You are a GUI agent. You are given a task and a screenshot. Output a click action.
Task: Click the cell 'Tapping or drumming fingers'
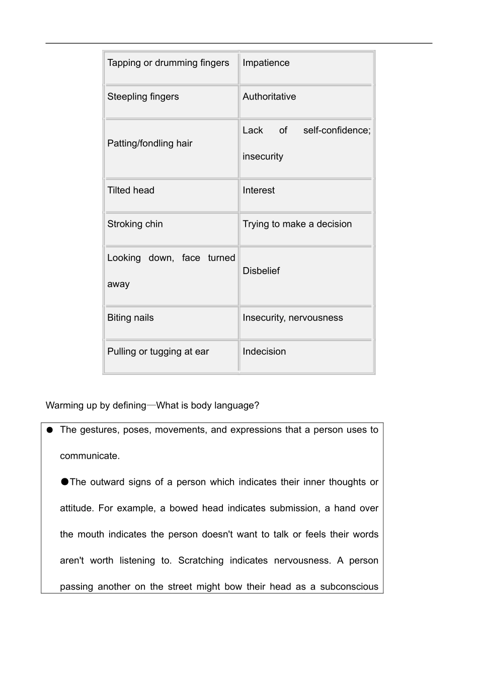coord(168,63)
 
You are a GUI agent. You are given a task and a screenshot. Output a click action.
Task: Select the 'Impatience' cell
coord(266,63)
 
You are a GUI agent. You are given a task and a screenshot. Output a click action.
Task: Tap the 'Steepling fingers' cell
coord(143,97)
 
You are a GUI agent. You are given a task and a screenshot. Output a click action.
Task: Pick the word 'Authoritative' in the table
coord(269,97)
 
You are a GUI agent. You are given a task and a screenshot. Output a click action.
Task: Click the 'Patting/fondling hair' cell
coord(150,143)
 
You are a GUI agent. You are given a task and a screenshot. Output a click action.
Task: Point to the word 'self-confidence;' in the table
coord(337,130)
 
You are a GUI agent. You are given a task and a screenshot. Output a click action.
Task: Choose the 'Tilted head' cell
coord(131,190)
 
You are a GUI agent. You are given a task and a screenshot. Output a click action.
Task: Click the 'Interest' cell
coord(259,190)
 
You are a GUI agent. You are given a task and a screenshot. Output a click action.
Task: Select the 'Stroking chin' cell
coord(135,224)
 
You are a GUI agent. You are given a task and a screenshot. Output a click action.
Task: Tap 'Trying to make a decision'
coord(297,224)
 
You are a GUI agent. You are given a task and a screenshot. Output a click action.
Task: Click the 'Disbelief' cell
coord(261,271)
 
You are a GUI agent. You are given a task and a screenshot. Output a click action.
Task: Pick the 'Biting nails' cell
coord(130,318)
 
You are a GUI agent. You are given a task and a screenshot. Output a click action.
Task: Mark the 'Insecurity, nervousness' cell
coord(292,318)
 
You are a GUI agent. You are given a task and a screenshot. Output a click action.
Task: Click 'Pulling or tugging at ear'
coord(158,352)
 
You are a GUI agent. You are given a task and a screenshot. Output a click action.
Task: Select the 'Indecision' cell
coord(264,352)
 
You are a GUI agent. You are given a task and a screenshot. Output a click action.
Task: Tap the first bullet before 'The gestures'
coord(49,430)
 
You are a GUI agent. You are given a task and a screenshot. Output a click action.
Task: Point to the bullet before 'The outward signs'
coord(64,482)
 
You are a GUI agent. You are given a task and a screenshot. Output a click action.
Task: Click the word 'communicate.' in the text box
coord(90,456)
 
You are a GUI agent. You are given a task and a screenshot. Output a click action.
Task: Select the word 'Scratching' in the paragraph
coord(201,560)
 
